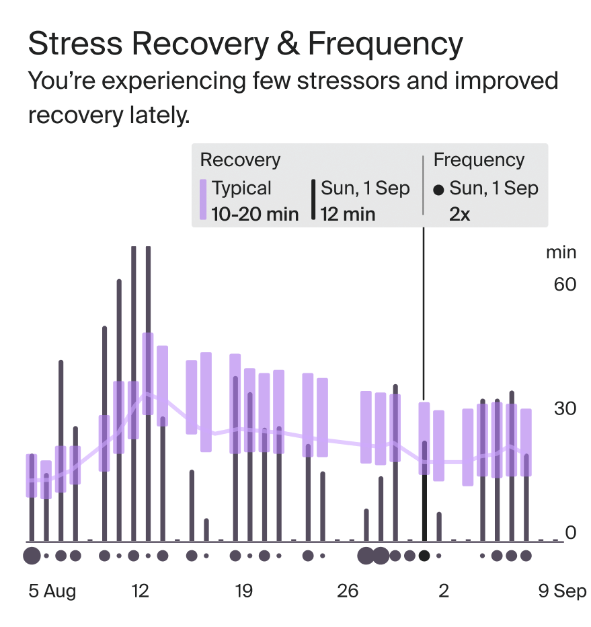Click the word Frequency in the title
click(385, 44)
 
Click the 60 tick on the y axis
click(565, 284)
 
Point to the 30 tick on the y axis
click(565, 408)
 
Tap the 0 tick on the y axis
click(571, 533)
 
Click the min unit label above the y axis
click(561, 252)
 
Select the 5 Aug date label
click(52, 591)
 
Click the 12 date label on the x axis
click(140, 591)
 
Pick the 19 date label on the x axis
click(243, 591)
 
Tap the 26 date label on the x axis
click(347, 591)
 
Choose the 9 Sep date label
click(562, 591)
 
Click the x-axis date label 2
click(444, 591)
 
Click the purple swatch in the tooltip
click(203, 199)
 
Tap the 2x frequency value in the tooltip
click(461, 214)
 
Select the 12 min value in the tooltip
click(350, 214)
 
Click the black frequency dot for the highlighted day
click(424, 556)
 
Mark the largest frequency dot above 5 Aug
click(31, 556)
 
